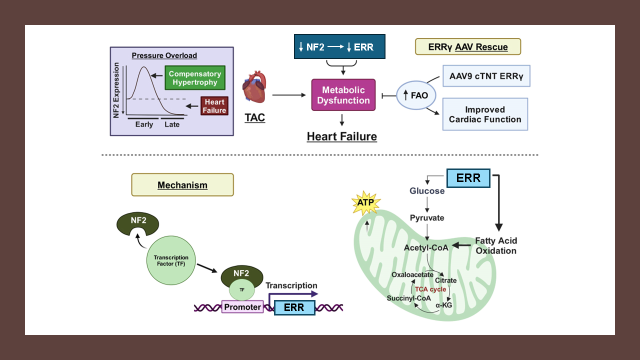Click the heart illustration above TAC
pos(254,86)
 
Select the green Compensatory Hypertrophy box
pos(193,78)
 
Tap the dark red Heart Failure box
pos(214,106)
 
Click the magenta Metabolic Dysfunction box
pos(343,94)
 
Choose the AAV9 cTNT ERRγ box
pos(486,76)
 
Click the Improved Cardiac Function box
pos(485,114)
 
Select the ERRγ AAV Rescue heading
pos(468,47)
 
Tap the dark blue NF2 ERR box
pos(339,47)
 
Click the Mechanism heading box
pos(182,185)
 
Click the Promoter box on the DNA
pos(242,307)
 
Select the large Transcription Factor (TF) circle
pos(171,261)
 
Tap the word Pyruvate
pos(427,218)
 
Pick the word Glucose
pos(427,191)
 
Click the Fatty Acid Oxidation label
pos(495,245)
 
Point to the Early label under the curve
pos(144,124)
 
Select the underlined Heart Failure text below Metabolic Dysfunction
pos(342,136)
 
